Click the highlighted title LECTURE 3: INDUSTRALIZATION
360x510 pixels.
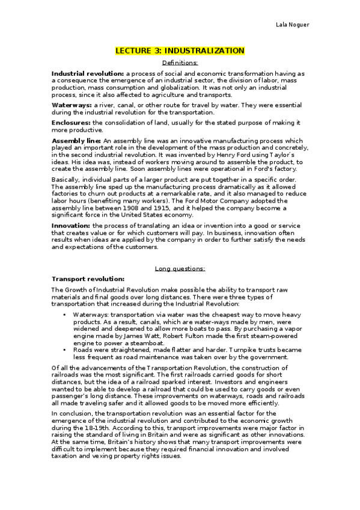[x=180, y=51]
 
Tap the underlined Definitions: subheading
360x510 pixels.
[x=180, y=63]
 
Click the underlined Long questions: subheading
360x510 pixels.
[x=180, y=268]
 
